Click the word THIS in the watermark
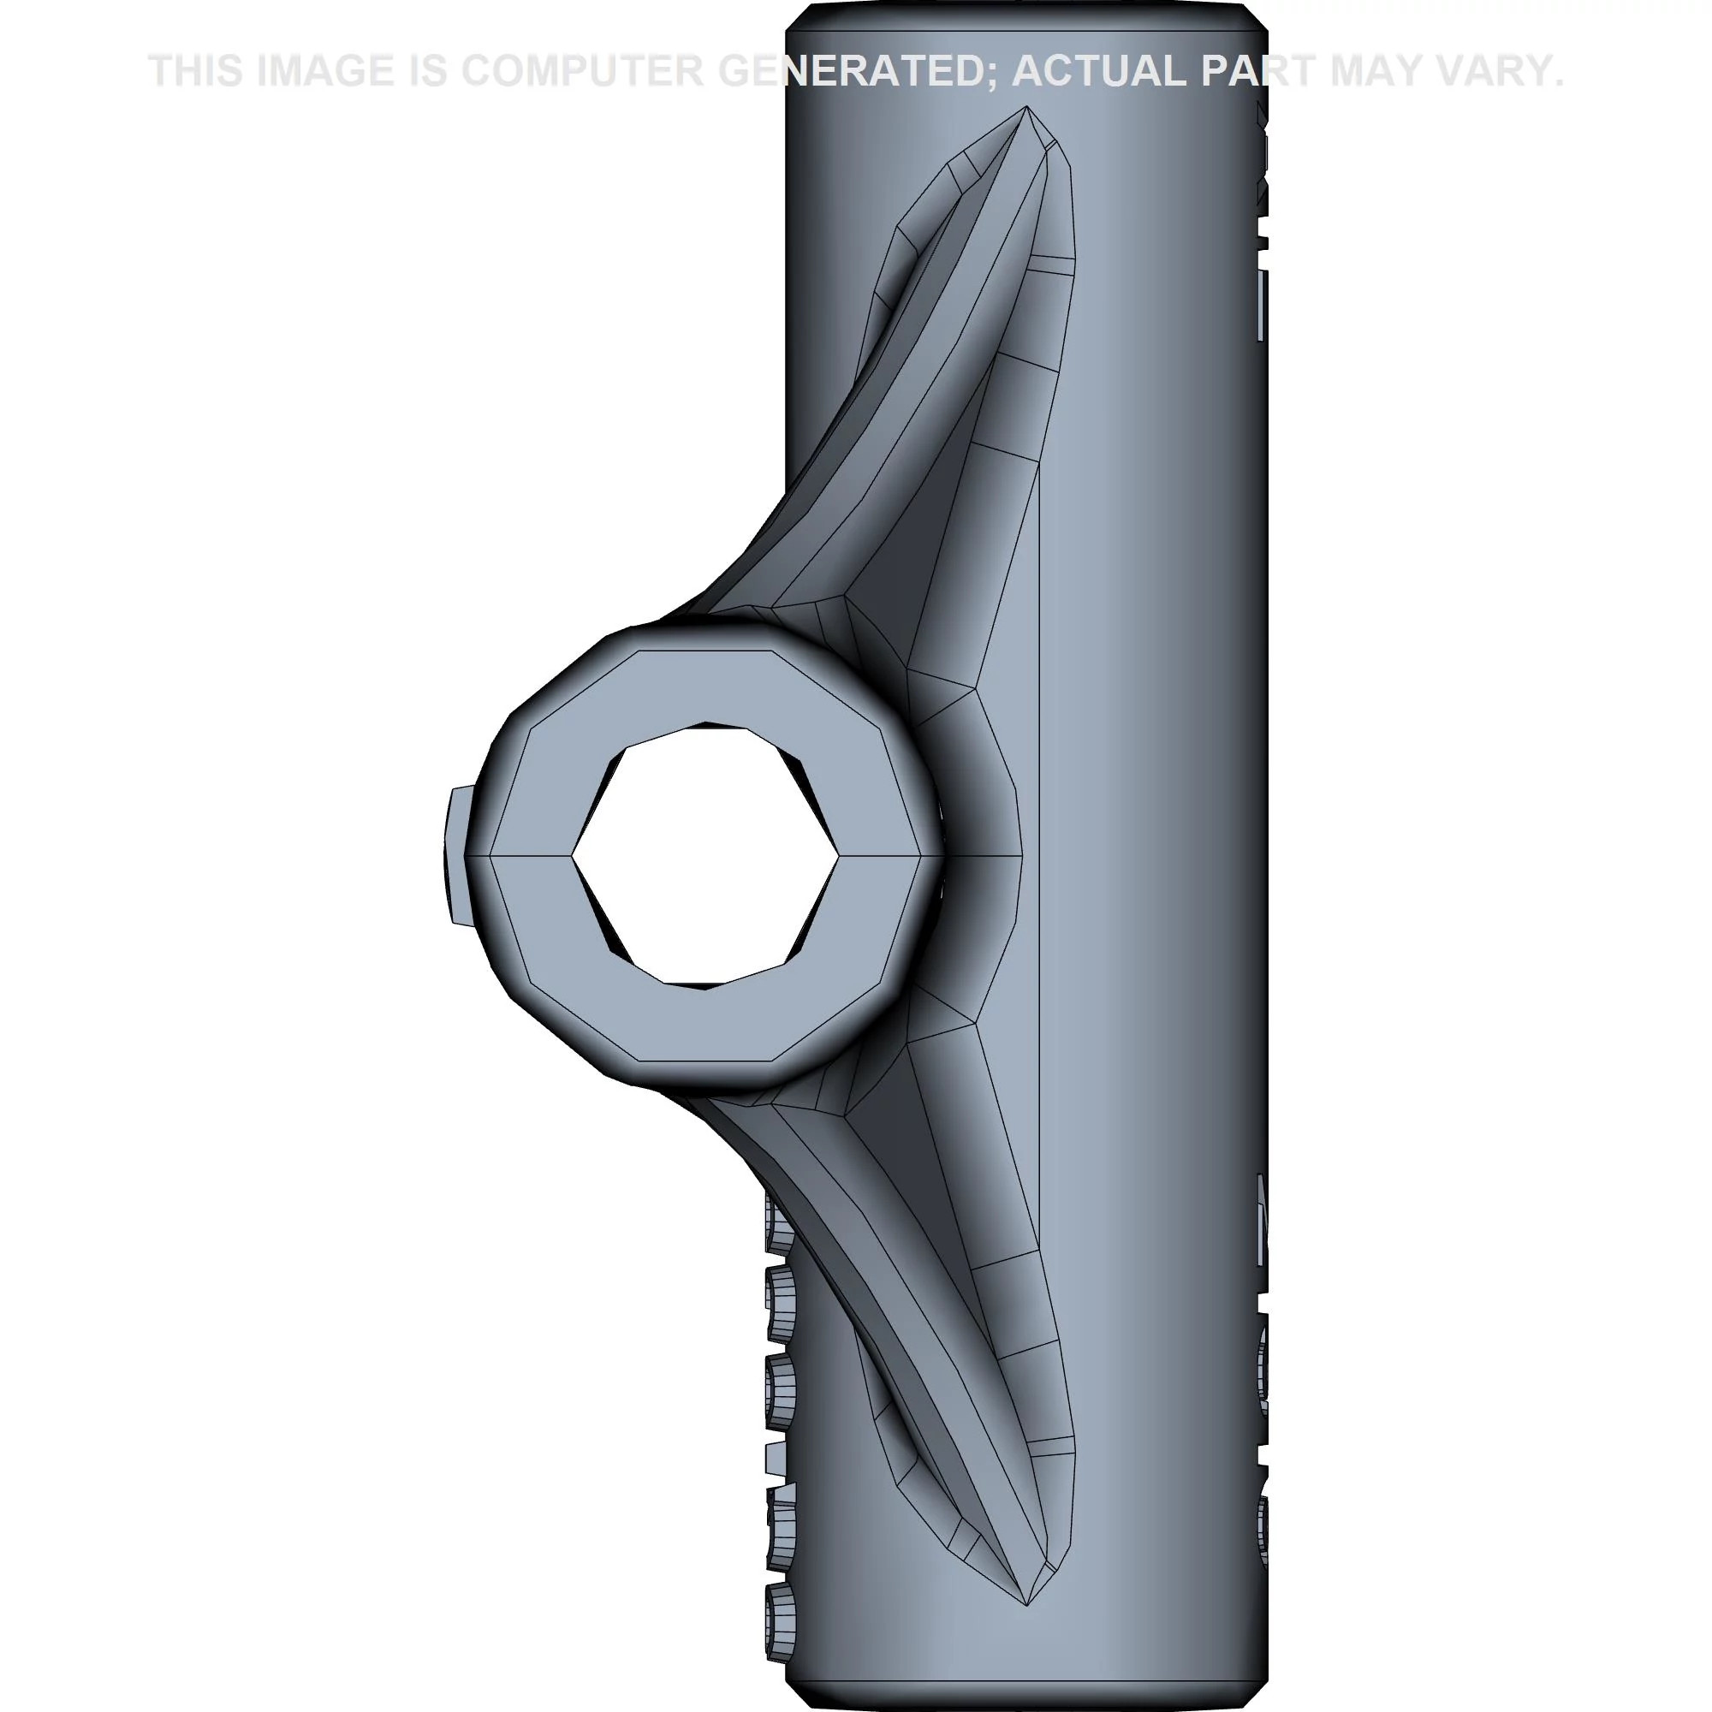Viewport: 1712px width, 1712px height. pos(196,71)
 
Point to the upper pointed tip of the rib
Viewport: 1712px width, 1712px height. pos(1026,110)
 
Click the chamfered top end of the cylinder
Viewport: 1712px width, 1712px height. pos(1026,16)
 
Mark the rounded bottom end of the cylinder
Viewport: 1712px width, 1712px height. pos(1026,1697)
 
